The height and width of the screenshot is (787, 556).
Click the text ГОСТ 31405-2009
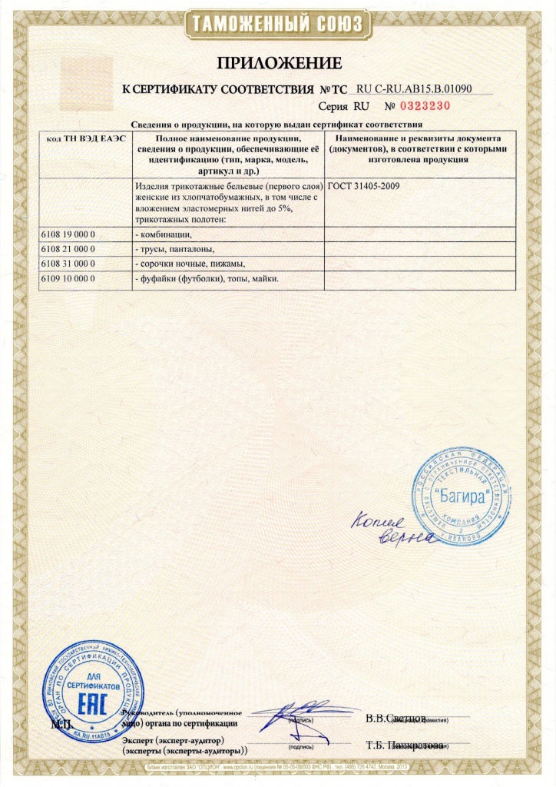(363, 187)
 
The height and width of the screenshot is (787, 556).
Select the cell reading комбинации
(162, 234)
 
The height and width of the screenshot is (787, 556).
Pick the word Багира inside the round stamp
(462, 496)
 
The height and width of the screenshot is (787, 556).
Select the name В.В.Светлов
(395, 718)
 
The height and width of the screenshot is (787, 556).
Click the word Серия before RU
(333, 106)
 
